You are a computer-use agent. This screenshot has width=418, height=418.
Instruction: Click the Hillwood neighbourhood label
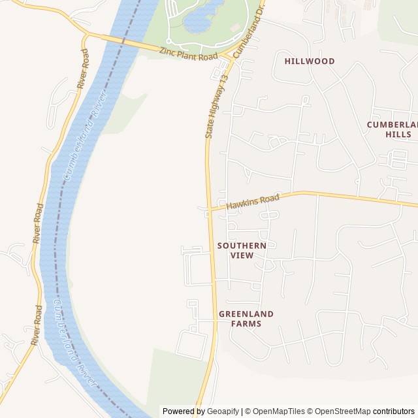point(310,61)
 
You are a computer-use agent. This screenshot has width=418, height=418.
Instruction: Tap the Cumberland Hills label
point(391,129)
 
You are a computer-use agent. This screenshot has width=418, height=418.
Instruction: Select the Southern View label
point(242,250)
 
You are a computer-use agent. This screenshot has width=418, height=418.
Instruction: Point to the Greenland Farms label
point(246,319)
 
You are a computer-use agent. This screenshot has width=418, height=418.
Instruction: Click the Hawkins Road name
point(253,202)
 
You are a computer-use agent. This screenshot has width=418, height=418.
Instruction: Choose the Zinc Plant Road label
point(188,51)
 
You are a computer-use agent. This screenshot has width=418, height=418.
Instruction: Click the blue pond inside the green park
point(204,20)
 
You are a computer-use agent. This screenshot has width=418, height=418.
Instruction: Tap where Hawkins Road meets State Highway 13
point(210,210)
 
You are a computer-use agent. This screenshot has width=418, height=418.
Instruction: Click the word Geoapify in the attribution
point(223,411)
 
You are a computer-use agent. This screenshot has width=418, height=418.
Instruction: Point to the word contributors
point(394,411)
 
